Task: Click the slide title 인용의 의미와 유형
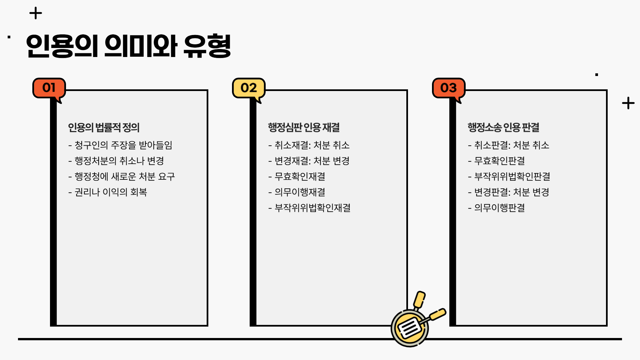click(128, 46)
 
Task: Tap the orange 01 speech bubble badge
click(49, 88)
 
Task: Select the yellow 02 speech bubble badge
click(249, 88)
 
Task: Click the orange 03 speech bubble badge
click(448, 88)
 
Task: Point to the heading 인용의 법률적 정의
click(104, 127)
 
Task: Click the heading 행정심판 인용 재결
click(304, 127)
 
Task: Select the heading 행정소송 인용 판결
click(503, 127)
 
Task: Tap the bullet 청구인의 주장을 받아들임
click(120, 145)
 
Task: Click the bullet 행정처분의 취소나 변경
click(116, 161)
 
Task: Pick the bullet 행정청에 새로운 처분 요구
click(121, 177)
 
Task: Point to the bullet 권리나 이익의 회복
click(108, 192)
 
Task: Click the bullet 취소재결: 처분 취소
click(309, 145)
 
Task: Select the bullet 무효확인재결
click(297, 177)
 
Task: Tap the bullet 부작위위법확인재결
click(309, 208)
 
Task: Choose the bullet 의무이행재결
click(297, 192)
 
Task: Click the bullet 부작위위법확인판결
click(509, 177)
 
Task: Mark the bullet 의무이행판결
click(496, 208)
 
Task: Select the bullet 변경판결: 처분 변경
click(509, 192)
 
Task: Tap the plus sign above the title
click(36, 14)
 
